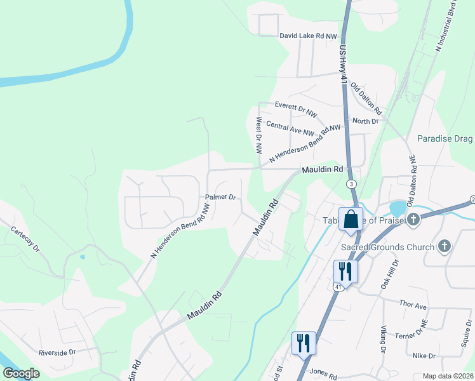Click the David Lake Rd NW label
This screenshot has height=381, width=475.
pos(308,37)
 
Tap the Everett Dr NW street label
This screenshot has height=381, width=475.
pos(295,109)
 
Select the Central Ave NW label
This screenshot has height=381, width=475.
pos(290,128)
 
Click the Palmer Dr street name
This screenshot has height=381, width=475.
pos(220,197)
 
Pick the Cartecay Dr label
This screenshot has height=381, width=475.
pos(25,238)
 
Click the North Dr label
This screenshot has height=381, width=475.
pos(365,121)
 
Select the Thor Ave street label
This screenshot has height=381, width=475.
pos(413,305)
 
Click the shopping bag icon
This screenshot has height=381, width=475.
pos(351,219)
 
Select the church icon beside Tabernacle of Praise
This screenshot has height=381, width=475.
pos(413,220)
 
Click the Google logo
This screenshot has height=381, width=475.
pos(21,374)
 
